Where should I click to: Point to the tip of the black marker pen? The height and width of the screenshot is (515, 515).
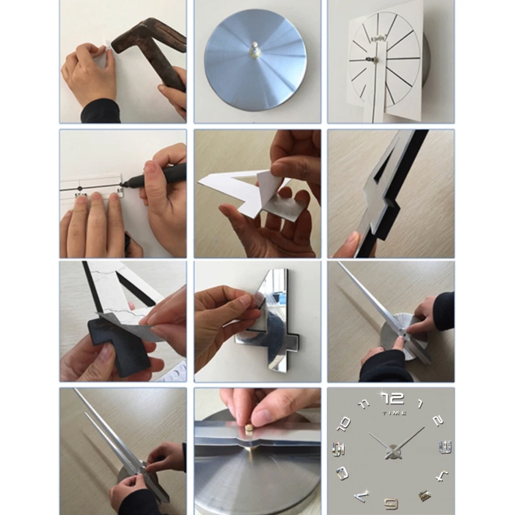point(122,185)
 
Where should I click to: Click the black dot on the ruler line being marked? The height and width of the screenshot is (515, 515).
point(80,188)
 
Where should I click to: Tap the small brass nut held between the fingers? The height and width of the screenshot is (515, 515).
point(249,427)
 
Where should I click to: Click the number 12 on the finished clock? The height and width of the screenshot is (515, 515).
point(394,399)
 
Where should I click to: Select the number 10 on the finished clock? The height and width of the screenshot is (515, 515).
point(343,424)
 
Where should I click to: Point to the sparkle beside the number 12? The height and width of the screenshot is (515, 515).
point(382,394)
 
